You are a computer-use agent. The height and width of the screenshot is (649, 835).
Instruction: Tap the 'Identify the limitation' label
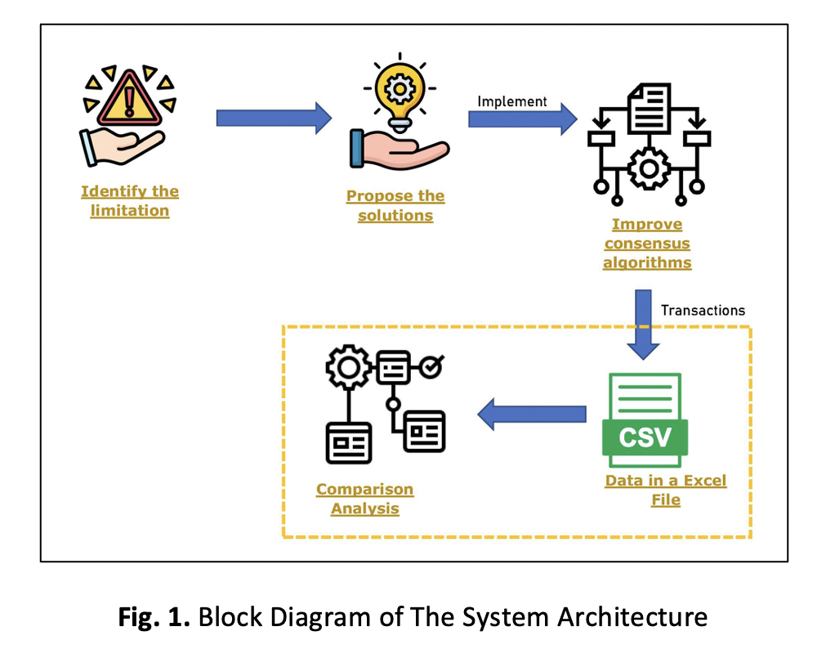pos(129,201)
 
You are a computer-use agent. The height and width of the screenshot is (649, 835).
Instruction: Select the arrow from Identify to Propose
pos(274,119)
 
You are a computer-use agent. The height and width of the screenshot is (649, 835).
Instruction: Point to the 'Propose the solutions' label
pos(395,206)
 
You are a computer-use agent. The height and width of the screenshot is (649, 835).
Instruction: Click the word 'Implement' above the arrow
pos(512,101)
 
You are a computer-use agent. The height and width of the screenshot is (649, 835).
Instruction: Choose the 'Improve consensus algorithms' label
pos(647,244)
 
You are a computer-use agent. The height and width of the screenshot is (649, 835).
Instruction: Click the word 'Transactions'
pos(703,311)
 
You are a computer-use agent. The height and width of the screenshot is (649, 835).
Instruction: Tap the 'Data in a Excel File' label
pos(665,490)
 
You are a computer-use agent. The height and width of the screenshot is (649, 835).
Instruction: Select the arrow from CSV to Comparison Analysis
pos(531,414)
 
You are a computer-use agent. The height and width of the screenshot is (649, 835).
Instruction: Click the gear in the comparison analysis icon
pos(348,368)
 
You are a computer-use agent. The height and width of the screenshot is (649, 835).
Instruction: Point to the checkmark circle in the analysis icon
pos(431,368)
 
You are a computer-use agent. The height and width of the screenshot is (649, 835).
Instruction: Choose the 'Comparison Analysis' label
pos(364,499)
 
